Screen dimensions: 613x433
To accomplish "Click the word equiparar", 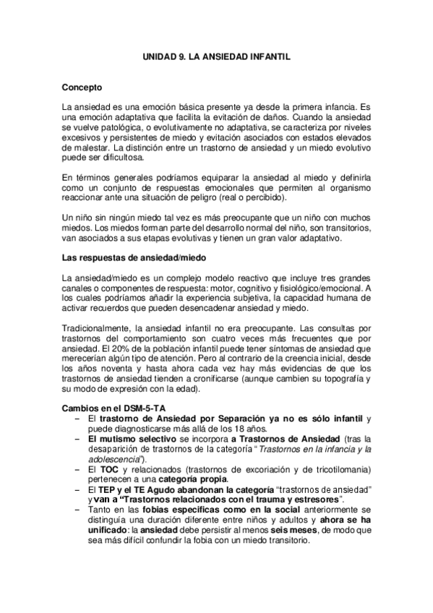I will tap(211, 177).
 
